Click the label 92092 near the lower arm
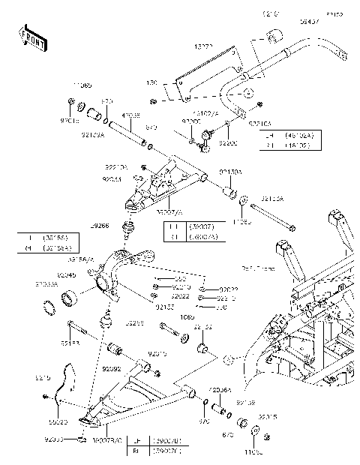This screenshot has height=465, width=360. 111,369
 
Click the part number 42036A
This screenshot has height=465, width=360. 222,390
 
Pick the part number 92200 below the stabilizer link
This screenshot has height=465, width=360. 228,142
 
